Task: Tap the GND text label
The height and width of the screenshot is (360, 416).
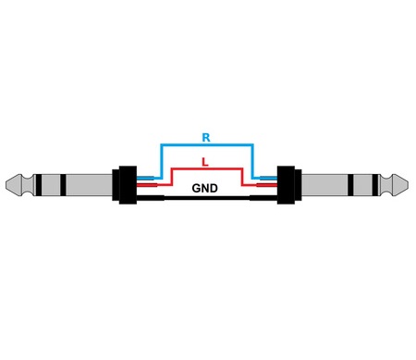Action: (205, 188)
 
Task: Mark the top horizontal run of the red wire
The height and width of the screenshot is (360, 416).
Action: (205, 169)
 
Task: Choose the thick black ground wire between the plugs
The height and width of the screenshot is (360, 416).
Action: (205, 198)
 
